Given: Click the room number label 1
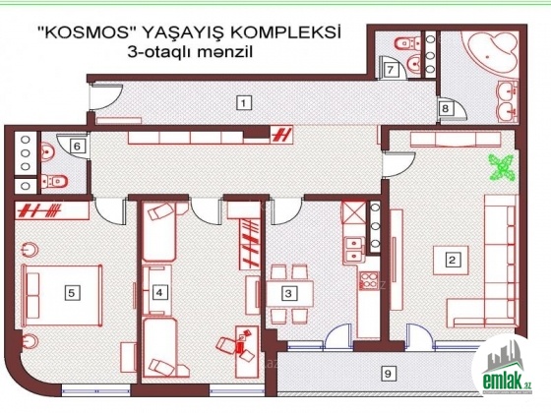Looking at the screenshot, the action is point(244,103).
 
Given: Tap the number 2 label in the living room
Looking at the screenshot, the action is point(452,260).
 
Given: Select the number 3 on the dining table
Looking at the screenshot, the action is point(288,293).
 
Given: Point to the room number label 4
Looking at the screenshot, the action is point(159,292).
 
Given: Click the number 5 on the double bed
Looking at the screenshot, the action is point(72,293).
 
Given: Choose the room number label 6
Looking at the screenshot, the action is point(78,146).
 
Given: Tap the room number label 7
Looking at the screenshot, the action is point(391,70).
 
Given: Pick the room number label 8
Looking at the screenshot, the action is point(445,108).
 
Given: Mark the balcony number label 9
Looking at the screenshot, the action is point(388,374).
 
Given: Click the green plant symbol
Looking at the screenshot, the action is point(502,168).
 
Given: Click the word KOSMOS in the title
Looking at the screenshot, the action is point(87,34).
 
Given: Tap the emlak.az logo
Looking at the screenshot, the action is point(507,369).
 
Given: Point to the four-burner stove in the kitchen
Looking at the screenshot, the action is point(369,280).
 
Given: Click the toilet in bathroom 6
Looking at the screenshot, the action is point(54,181).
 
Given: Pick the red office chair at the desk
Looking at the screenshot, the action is point(226,345).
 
